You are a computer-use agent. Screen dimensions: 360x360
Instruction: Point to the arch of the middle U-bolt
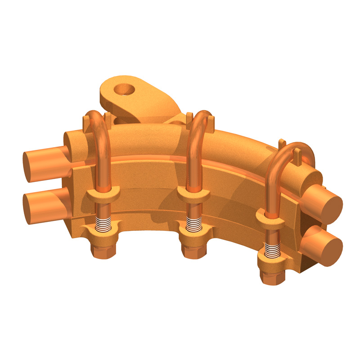(x=200, y=118)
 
